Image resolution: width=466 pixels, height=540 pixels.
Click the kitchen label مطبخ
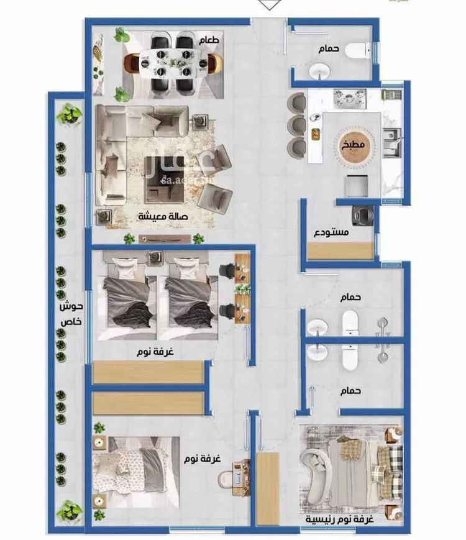click(353, 145)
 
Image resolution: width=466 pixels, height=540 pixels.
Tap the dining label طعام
click(209, 40)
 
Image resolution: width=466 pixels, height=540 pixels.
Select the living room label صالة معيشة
click(163, 216)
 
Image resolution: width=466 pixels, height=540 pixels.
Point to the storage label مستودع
click(331, 232)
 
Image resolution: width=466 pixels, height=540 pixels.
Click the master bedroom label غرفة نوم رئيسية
click(340, 519)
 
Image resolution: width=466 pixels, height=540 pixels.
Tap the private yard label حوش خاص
click(71, 313)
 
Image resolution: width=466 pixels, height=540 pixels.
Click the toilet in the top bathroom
click(358, 50)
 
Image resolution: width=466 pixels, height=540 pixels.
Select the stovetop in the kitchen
click(350, 99)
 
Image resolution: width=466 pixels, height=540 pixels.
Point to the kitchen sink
click(392, 142)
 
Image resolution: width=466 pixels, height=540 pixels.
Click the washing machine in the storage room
click(363, 216)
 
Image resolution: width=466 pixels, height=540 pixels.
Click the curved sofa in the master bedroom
click(315, 475)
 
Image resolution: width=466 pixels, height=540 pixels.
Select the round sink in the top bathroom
click(319, 71)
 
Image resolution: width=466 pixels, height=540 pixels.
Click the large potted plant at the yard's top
click(70, 115)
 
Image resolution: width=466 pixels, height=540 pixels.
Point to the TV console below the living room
click(165, 239)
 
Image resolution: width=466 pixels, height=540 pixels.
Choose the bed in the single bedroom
click(137, 472)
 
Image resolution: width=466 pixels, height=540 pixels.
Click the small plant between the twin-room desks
click(244, 289)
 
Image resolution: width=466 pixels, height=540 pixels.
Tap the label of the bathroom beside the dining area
click(328, 48)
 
